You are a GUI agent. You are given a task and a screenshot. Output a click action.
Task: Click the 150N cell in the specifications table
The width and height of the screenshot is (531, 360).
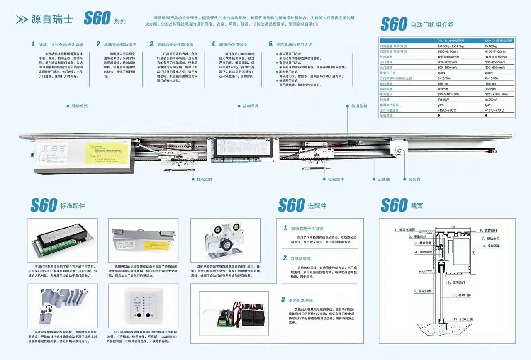pyautogui.click(x=441, y=73)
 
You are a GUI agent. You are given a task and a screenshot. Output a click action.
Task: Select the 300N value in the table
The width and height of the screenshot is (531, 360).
pyautogui.click(x=489, y=73)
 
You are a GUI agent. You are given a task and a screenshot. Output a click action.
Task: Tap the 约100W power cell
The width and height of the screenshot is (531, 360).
pyautogui.click(x=443, y=100)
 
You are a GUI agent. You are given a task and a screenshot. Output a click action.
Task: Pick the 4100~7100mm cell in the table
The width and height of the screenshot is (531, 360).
pyautogui.click(x=495, y=51)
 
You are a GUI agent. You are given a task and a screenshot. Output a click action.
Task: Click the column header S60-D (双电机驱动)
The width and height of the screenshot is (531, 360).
pyautogui.click(x=499, y=41)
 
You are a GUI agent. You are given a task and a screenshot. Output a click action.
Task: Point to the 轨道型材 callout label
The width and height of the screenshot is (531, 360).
pyautogui.click(x=359, y=106)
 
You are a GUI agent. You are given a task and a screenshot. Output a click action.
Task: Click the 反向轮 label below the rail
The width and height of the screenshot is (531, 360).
pyautogui.click(x=414, y=179)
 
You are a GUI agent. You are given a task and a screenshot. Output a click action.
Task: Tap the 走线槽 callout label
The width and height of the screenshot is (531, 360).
pyautogui.click(x=383, y=179)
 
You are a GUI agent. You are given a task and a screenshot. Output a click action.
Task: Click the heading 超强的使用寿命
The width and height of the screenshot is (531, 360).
pyautogui.click(x=233, y=44)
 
